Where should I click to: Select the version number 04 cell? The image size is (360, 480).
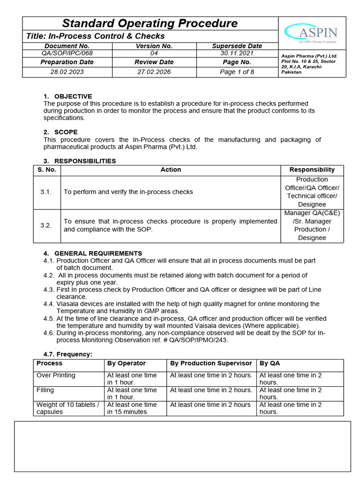[154, 53]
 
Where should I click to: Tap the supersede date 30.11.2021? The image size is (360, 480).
[237, 53]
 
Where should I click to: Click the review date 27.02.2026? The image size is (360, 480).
[154, 72]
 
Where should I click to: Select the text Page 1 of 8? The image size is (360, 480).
[237, 72]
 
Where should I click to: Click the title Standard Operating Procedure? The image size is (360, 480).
[150, 23]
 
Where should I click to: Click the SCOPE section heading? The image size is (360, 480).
[66, 132]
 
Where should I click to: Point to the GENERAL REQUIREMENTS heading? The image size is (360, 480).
[98, 253]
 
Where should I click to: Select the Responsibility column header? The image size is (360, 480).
[312, 170]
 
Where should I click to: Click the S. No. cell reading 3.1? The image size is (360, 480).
[46, 192]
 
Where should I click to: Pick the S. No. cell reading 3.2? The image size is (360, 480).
[46, 225]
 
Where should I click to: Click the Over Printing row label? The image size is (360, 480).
[56, 375]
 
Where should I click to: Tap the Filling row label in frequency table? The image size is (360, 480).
[45, 390]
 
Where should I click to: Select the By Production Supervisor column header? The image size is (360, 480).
[211, 363]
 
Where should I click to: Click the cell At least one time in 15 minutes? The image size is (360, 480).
[132, 408]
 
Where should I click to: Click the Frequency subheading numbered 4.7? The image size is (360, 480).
[67, 354]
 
